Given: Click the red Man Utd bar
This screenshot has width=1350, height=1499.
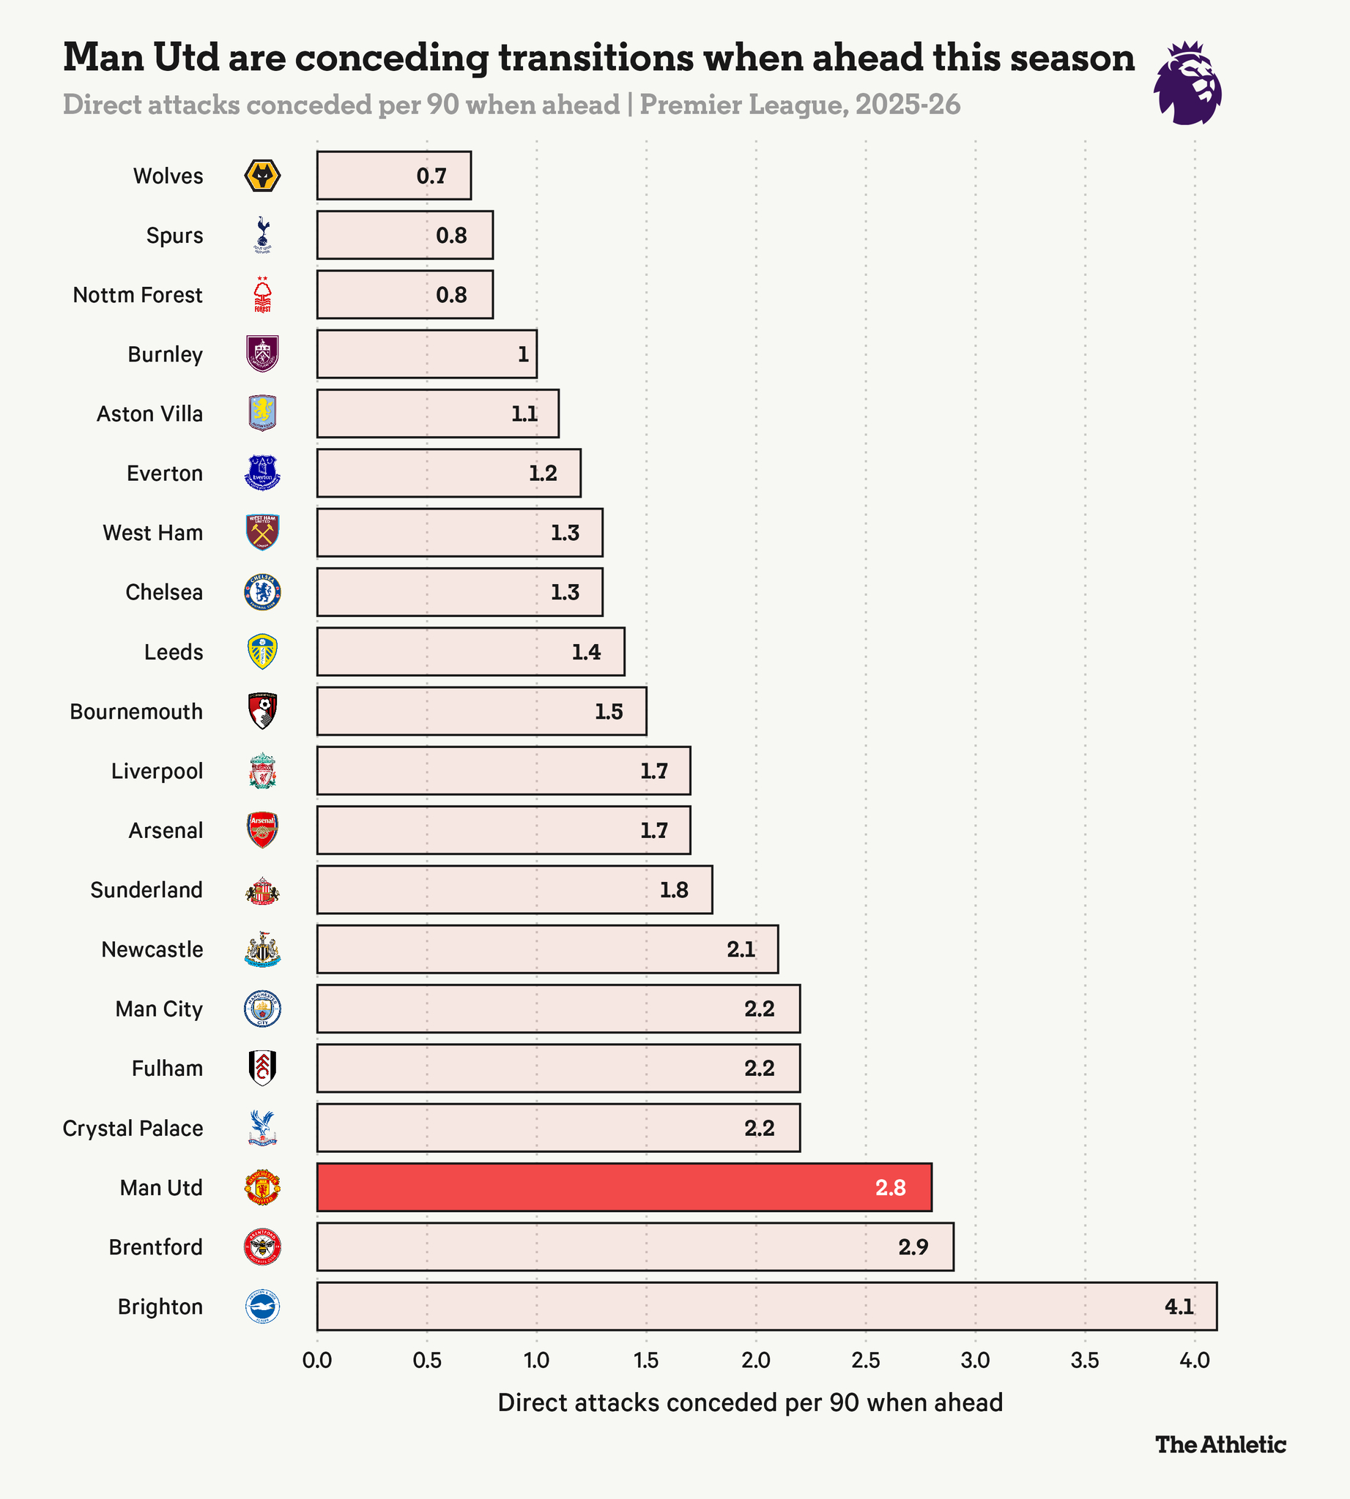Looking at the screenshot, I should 623,1187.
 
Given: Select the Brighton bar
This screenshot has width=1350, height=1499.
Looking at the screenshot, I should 765,1307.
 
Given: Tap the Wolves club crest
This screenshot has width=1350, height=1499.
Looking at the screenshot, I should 262,176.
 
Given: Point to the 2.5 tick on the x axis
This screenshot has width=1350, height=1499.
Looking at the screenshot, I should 865,1361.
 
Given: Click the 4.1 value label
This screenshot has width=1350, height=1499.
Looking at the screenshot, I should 1179,1307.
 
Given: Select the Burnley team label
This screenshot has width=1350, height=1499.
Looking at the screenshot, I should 165,354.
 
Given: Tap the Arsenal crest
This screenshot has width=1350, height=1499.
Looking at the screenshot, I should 262,830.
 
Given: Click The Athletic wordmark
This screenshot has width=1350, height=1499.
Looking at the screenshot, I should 1220,1444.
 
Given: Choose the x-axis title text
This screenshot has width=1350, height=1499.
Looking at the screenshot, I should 750,1402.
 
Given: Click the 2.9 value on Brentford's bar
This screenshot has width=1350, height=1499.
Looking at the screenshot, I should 913,1247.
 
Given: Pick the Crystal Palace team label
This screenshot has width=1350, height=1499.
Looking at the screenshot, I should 133,1129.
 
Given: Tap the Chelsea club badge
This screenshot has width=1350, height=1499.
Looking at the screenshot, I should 262,592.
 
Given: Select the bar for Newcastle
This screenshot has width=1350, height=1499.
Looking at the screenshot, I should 546,949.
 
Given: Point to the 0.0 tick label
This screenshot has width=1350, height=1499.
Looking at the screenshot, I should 317,1361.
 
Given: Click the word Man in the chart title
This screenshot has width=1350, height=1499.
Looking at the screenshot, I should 104,57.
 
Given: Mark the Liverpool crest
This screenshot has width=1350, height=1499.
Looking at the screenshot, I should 262,771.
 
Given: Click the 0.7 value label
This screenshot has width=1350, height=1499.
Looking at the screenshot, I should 431,176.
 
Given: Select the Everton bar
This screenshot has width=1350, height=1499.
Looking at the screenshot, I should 448,473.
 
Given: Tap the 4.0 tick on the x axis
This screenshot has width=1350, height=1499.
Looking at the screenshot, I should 1194,1361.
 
